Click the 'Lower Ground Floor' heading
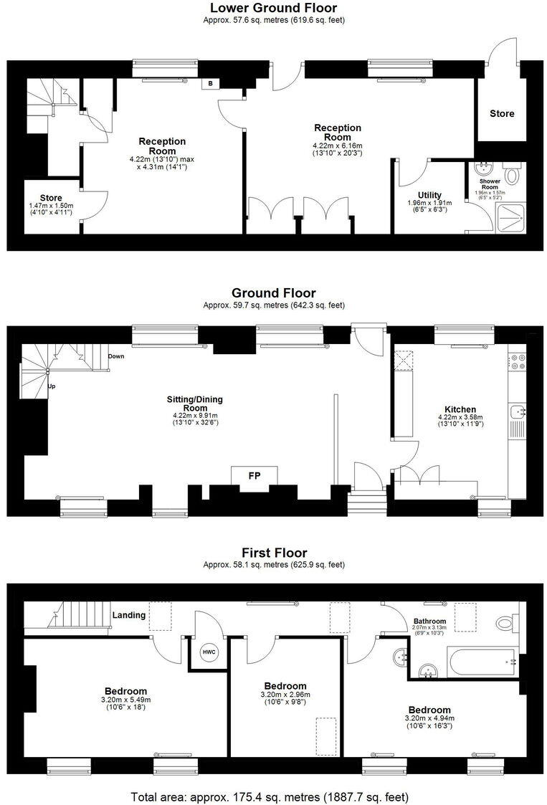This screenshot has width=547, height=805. pos(273,8)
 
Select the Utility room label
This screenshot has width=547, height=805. pos(429,195)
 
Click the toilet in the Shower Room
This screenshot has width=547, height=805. pos(512,175)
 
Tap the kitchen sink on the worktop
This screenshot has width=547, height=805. pos(518,411)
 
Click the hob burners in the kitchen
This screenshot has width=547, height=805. pos(517,362)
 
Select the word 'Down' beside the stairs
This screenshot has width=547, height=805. pos(116,356)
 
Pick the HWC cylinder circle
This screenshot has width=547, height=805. pos(208,652)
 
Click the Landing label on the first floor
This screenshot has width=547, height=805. pos(129,615)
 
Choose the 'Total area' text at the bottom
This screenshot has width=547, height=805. pos(270,796)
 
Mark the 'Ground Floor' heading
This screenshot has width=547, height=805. pos(273,293)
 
